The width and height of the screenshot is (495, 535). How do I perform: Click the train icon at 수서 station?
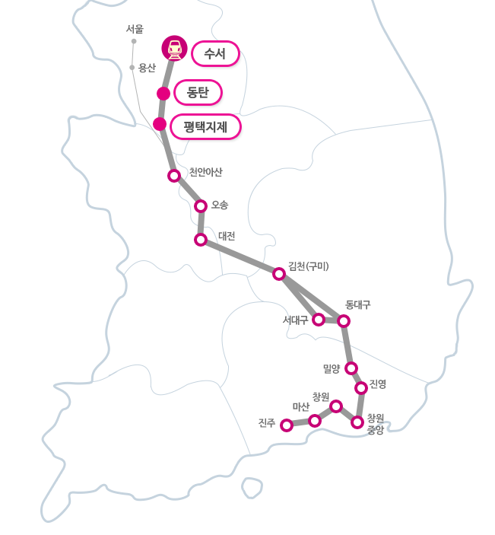[175, 48]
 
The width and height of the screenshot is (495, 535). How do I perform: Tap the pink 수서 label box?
[215, 53]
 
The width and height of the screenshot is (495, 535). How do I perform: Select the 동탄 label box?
[198, 93]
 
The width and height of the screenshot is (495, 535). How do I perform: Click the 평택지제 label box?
[205, 126]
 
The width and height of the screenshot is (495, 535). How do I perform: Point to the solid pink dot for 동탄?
[163, 94]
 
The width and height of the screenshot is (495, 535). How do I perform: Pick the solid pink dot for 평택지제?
[160, 124]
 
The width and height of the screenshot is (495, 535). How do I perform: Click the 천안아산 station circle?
[174, 176]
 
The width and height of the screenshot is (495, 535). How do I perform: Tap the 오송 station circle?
[201, 206]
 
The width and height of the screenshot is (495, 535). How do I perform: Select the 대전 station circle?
[201, 240]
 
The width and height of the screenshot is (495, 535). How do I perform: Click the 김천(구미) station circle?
[279, 274]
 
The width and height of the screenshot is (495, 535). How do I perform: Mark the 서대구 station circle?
[319, 320]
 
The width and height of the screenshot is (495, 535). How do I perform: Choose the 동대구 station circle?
[344, 321]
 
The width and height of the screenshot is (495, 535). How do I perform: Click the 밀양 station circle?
[351, 368]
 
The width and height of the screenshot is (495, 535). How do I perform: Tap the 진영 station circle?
[361, 388]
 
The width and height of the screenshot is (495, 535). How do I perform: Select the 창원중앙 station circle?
[357, 422]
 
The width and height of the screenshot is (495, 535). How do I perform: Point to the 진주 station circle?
[287, 425]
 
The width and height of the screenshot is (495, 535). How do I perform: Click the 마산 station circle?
[315, 421]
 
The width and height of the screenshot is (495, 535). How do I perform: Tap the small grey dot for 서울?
[134, 41]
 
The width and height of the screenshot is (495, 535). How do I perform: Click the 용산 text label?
[147, 68]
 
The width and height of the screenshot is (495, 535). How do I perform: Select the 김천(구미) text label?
[309, 266]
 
